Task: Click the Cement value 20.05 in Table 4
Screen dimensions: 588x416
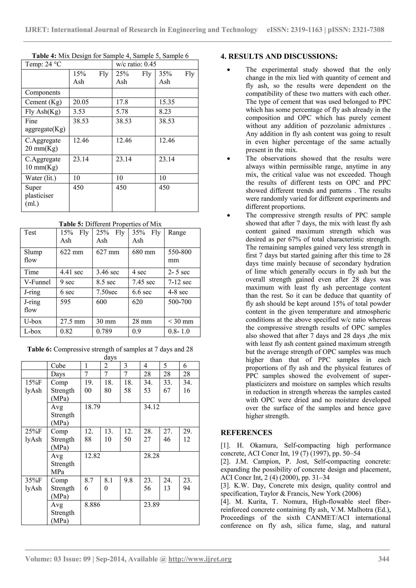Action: coord(81,102)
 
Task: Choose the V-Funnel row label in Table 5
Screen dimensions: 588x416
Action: coord(37,282)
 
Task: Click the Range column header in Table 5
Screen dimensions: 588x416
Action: coord(177,233)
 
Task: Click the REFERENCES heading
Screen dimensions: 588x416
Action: coord(246,433)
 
